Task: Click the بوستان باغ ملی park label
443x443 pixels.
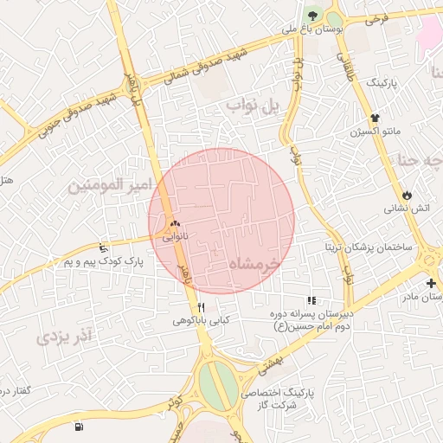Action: point(312,29)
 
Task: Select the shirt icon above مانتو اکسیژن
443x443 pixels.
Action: point(374,119)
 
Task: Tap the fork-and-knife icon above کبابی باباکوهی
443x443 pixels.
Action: point(202,306)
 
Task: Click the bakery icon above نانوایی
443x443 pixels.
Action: point(175,222)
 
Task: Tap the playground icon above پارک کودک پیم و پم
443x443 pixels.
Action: point(105,247)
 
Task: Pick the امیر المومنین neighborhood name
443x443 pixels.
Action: point(111,185)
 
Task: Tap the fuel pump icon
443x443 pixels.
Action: point(80,427)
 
